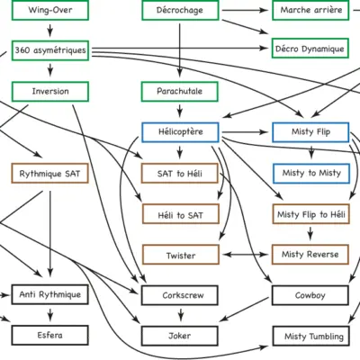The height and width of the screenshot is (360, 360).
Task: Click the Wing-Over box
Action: [x=50, y=10]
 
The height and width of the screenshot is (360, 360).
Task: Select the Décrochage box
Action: [x=180, y=10]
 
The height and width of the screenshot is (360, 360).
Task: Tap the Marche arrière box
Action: [x=310, y=10]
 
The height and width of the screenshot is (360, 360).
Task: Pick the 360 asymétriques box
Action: [x=50, y=50]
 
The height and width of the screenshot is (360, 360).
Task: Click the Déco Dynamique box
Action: [x=310, y=49]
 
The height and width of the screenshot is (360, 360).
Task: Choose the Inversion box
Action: [x=50, y=92]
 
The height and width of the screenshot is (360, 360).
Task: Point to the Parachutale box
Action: [x=180, y=92]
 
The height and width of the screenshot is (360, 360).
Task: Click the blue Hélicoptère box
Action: [x=180, y=132]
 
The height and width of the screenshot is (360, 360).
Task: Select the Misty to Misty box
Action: [x=311, y=174]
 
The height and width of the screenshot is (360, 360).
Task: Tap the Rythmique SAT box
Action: [x=49, y=173]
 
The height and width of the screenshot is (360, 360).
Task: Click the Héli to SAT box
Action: [x=181, y=214]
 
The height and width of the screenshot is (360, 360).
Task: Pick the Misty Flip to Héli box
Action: [x=311, y=214]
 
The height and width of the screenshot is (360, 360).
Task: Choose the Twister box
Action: [x=181, y=255]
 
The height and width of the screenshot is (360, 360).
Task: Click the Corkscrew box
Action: [x=180, y=295]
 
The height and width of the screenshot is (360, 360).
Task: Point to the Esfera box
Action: [x=50, y=336]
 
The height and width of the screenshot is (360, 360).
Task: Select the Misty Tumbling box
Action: [x=311, y=336]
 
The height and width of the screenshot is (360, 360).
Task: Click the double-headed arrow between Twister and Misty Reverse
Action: [x=246, y=255]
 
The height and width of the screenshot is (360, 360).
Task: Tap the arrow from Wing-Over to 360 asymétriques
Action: [x=50, y=31]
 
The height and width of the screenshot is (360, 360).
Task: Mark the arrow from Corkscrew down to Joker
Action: [x=180, y=315]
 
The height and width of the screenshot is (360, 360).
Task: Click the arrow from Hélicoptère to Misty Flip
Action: [x=246, y=132]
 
